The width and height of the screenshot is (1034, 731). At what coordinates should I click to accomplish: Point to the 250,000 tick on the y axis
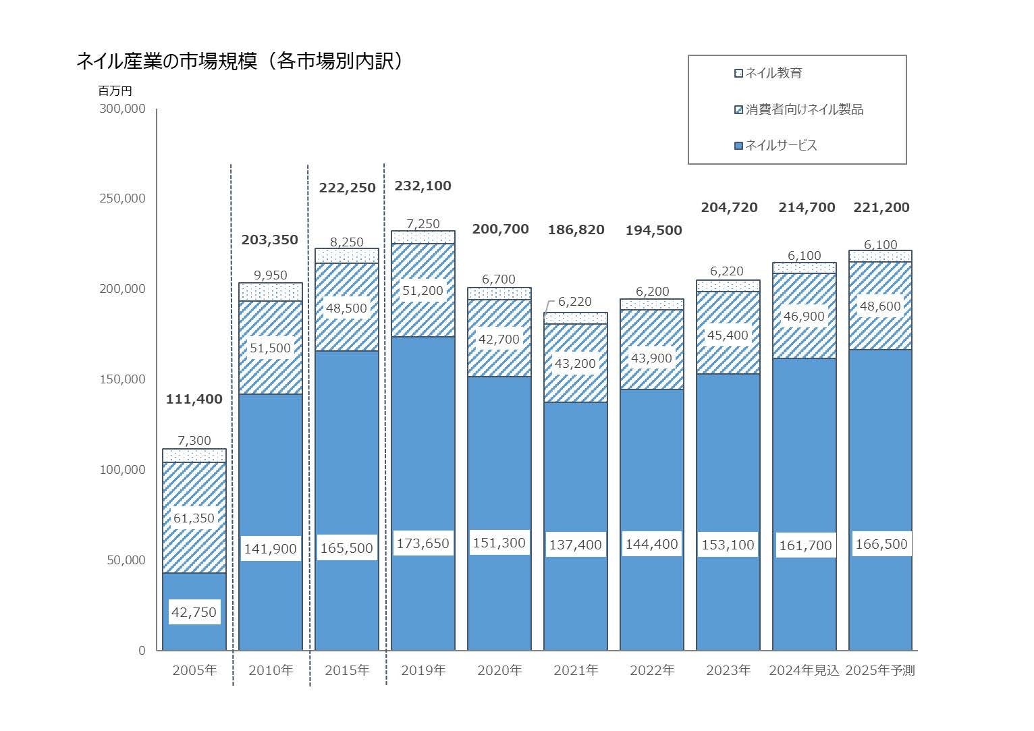122,198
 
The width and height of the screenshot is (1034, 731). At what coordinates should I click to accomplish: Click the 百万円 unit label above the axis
115,90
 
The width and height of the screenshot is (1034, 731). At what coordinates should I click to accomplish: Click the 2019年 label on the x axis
423,670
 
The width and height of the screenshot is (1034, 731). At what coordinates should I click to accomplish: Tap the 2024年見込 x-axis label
804,670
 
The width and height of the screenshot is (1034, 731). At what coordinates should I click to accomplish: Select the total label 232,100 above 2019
423,186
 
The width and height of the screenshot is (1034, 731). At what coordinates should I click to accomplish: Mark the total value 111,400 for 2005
194,399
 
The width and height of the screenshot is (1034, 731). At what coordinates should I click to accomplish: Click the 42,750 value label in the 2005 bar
194,612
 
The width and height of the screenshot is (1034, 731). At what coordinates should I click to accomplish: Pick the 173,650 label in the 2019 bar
423,543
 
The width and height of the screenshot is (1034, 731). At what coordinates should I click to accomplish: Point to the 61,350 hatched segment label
194,518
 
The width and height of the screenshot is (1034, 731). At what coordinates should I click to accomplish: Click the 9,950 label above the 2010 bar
271,275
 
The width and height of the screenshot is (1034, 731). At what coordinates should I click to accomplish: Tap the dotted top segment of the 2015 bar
347,256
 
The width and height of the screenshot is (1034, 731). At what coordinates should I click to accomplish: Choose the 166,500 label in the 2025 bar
881,544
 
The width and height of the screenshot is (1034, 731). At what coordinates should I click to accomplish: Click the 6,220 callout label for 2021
575,302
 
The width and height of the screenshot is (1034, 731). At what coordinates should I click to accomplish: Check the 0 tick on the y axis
142,651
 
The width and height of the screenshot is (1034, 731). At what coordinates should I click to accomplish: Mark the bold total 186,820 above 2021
576,229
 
